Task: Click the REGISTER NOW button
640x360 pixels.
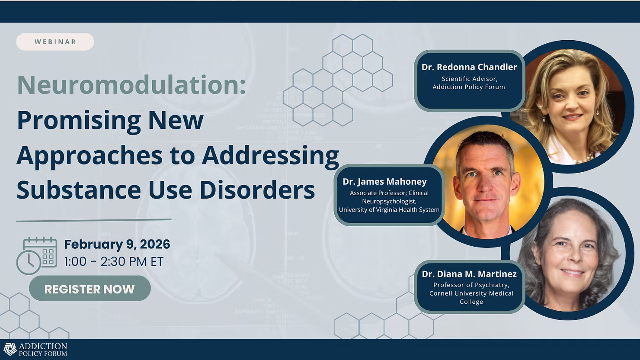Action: coord(90,288)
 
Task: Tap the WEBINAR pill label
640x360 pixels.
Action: coord(55,42)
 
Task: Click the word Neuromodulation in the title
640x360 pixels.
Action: coord(131,85)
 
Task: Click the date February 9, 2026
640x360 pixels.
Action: coord(117,244)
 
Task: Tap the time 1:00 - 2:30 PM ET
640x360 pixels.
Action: coord(114,261)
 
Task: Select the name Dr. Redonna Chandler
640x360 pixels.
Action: coord(469,67)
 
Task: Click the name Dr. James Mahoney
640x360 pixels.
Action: coord(384,181)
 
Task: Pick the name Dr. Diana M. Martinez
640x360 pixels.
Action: coord(469,274)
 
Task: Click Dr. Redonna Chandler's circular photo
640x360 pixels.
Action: coord(568,106)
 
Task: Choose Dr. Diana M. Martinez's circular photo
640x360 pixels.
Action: coord(568,254)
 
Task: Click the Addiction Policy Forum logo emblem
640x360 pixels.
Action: coord(10,350)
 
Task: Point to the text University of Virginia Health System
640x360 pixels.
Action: coord(389,209)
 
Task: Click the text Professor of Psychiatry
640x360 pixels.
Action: coord(471,285)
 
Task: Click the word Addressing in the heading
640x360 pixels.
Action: coord(270,155)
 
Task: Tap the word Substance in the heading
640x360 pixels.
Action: coord(79,190)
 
